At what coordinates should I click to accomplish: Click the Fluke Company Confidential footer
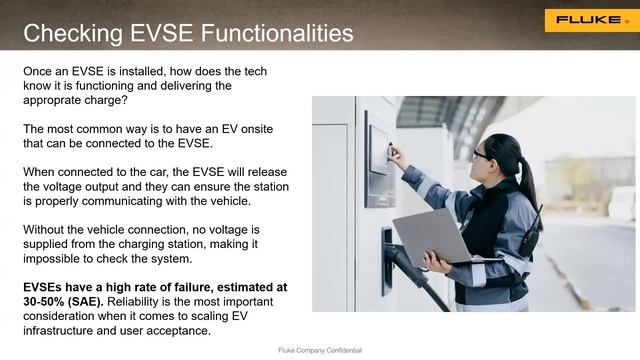(x=319, y=351)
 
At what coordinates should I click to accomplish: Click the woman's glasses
(x=482, y=153)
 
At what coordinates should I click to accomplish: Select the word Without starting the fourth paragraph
(x=47, y=229)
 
